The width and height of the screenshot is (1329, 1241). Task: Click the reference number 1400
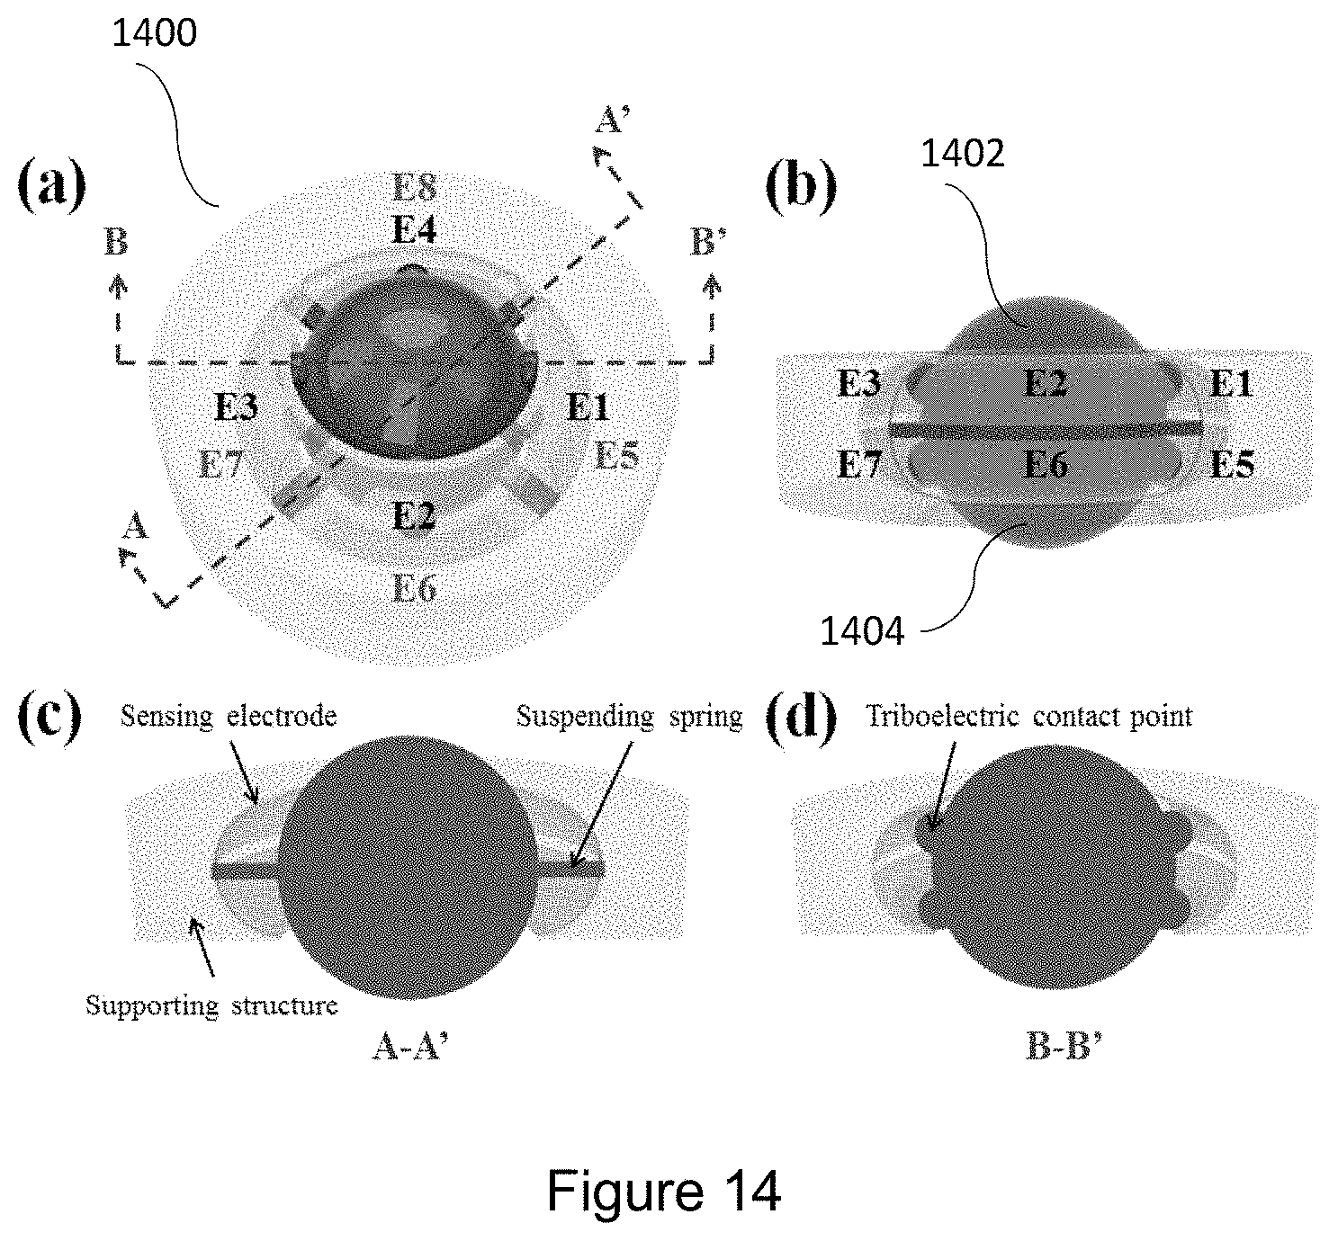155,33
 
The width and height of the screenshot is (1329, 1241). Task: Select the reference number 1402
961,154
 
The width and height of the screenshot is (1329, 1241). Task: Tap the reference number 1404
861,631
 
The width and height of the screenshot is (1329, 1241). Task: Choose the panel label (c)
50,719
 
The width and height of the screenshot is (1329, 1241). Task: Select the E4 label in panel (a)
415,231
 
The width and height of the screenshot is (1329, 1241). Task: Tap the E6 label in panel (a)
415,588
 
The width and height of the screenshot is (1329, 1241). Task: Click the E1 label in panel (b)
1230,384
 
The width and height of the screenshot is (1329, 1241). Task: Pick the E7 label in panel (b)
858,466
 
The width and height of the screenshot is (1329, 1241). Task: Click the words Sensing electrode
229,717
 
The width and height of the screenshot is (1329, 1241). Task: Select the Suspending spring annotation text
629,717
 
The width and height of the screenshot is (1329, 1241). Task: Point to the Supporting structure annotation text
211,1004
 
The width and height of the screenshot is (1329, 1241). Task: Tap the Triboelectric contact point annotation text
1028,717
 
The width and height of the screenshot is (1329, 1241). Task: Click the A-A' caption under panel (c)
409,1049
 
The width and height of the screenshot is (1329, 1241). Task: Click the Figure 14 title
663,1192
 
